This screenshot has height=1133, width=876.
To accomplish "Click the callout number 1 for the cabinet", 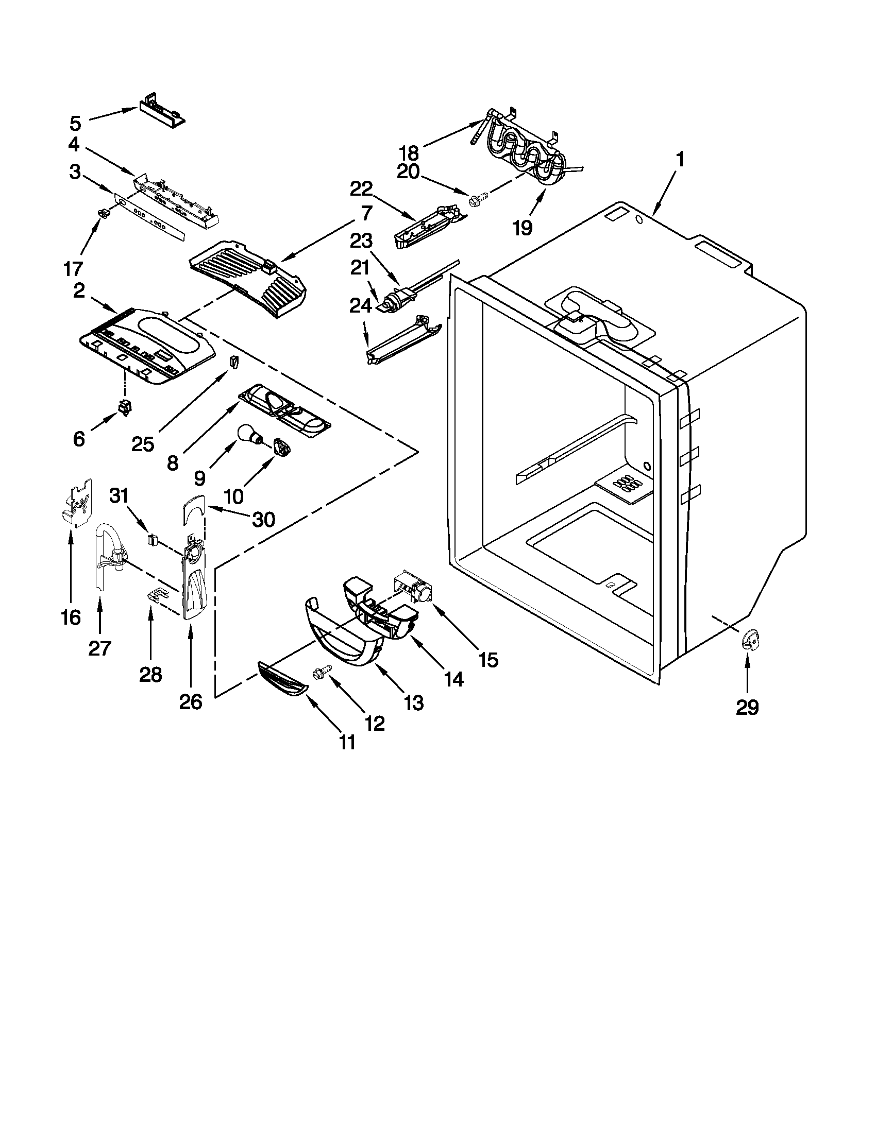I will click(x=680, y=159).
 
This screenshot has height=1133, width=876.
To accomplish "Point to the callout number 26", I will click(x=190, y=702).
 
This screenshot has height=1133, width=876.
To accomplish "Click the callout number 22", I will click(x=361, y=189).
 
